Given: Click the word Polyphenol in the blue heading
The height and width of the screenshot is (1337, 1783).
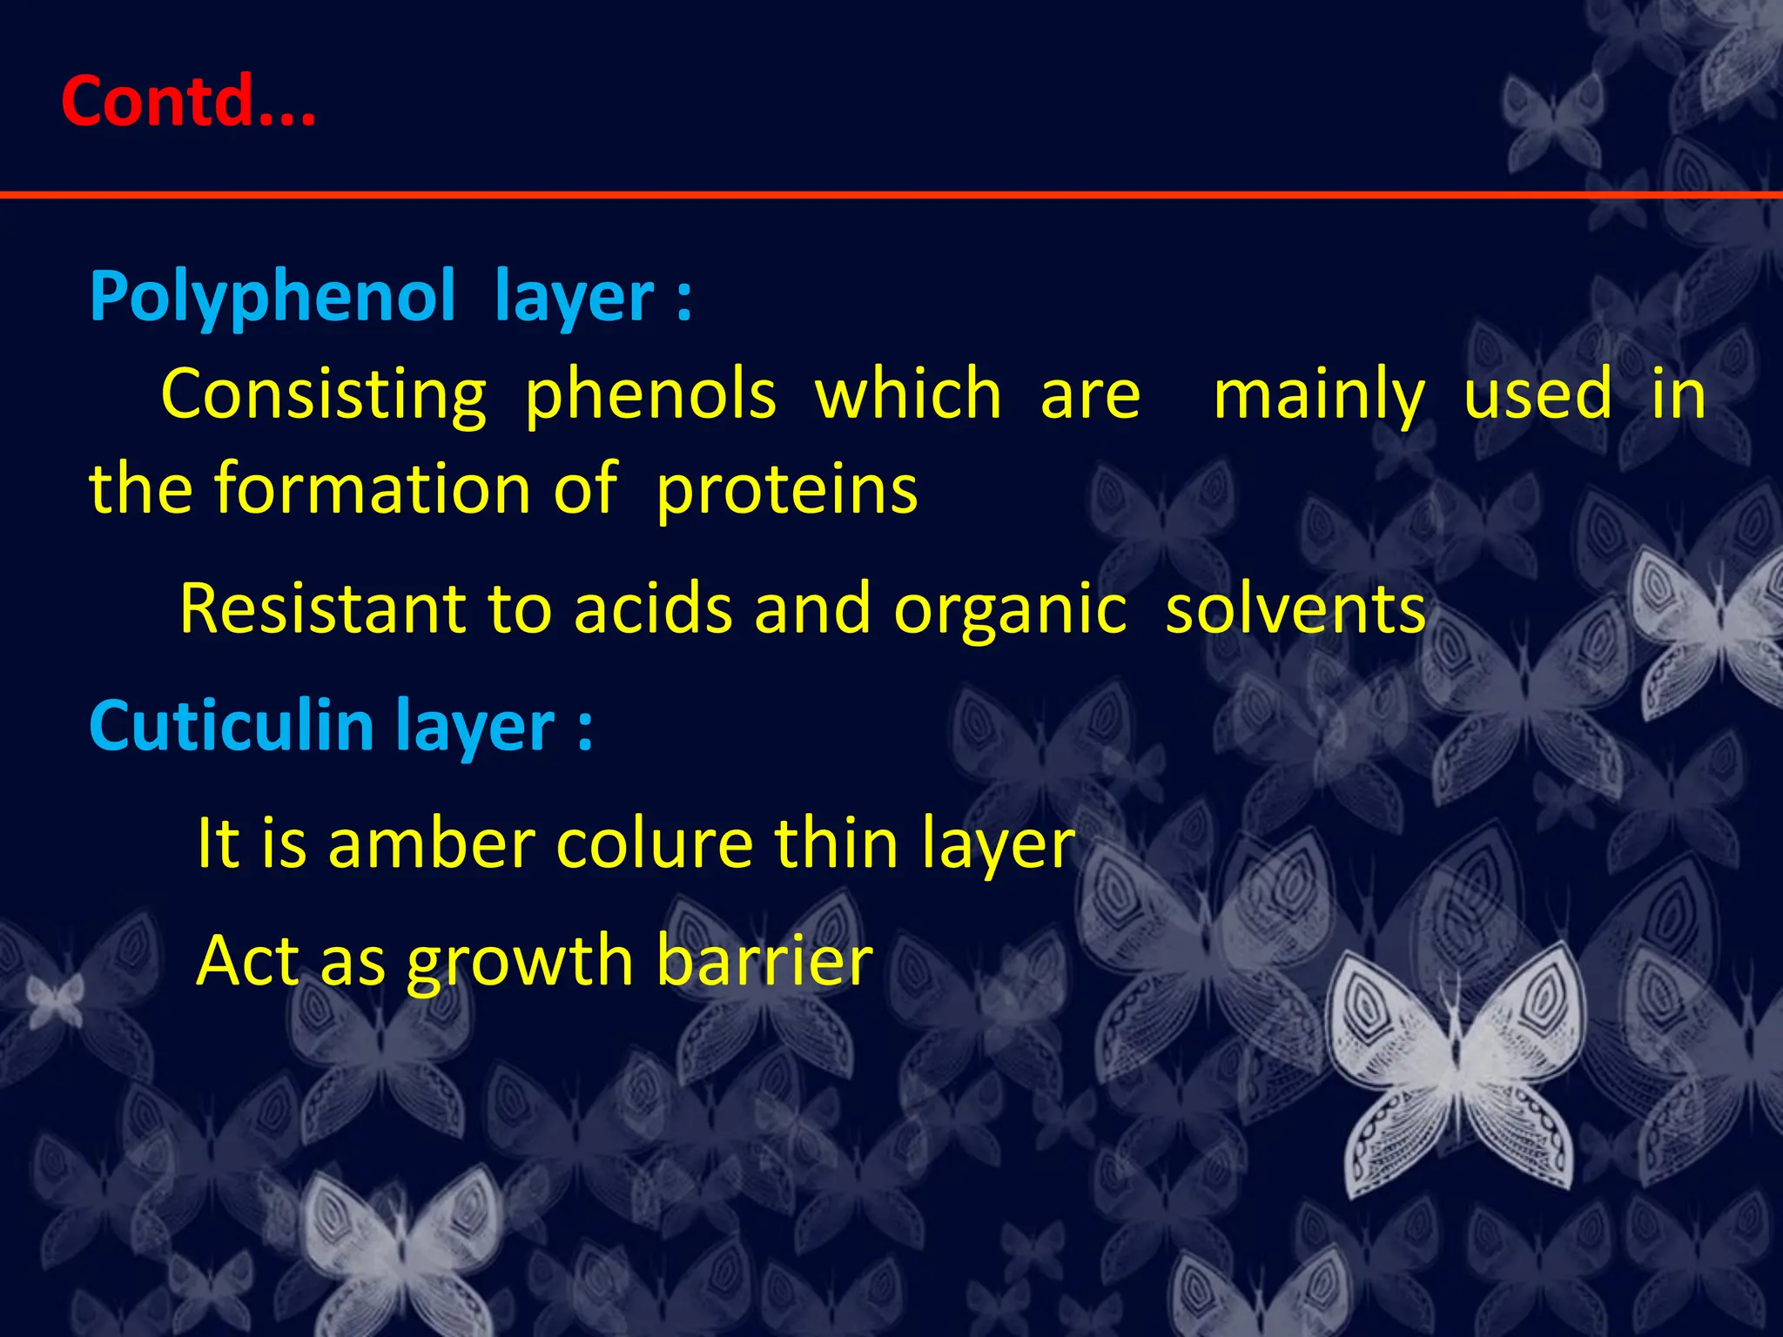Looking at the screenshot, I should (x=272, y=298).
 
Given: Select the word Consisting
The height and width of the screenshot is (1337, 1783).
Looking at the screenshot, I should (x=323, y=395).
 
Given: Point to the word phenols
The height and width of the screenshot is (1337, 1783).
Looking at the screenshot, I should (x=649, y=397).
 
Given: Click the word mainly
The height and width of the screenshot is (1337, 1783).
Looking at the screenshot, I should (x=1318, y=397).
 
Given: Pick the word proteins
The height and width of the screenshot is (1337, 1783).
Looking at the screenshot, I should (x=786, y=490).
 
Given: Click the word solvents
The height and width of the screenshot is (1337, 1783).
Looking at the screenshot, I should (x=1295, y=608).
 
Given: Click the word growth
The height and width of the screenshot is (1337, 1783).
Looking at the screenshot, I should (x=520, y=962).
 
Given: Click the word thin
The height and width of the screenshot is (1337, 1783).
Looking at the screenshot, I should (x=836, y=843).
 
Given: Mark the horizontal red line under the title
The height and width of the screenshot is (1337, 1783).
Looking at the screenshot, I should (x=871, y=194).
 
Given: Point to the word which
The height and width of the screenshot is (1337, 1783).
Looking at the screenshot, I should (x=908, y=395).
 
